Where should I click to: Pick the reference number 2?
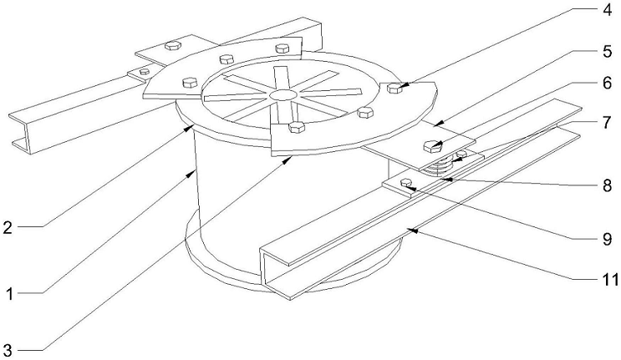(9, 226)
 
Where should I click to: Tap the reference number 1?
(9, 293)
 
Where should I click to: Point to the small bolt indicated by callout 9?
(407, 184)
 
